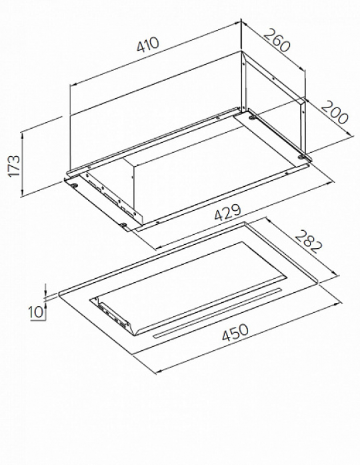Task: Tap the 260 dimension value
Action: coord(276,40)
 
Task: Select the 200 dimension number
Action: coord(334,112)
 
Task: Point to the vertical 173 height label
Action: coord(14,165)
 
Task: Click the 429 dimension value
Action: coord(227,212)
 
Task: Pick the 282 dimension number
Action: coord(308,242)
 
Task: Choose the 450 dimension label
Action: coord(235,333)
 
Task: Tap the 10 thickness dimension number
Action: coord(35,312)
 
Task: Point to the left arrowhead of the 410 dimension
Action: coord(73,85)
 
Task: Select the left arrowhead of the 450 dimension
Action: coord(159,371)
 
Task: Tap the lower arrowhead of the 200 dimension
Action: coord(351,134)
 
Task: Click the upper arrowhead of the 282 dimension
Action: coord(268,220)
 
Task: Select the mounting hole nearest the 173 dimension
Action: coord(73,185)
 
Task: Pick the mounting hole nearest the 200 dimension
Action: coord(301,157)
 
